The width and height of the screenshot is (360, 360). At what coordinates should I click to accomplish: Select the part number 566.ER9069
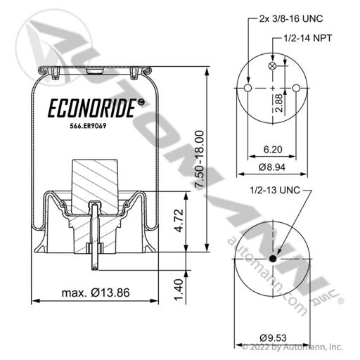(x=88, y=126)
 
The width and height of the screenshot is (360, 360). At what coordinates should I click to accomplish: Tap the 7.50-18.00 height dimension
(x=200, y=159)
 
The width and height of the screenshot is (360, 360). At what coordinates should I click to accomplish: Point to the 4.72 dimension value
(x=179, y=221)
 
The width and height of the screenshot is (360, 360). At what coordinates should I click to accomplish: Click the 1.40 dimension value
(x=179, y=290)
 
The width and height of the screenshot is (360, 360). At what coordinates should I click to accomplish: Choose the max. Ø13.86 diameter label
(x=96, y=292)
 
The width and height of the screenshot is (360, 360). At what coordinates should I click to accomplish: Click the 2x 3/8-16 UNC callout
(x=291, y=18)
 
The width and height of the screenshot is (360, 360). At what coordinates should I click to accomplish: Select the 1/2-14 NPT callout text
(x=308, y=38)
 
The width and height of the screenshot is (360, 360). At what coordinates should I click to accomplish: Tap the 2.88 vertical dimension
(x=279, y=103)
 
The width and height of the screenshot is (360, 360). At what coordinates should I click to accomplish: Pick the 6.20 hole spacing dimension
(x=273, y=149)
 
